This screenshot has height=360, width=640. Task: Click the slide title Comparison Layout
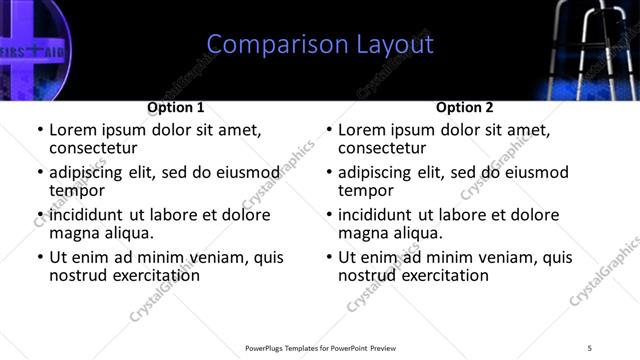pos(320,45)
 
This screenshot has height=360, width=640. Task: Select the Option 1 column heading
pos(176,107)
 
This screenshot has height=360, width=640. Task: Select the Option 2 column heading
pos(465,107)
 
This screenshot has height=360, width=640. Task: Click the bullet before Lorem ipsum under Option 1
pos(40,130)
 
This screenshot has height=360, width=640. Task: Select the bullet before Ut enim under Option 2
pos(329,257)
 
